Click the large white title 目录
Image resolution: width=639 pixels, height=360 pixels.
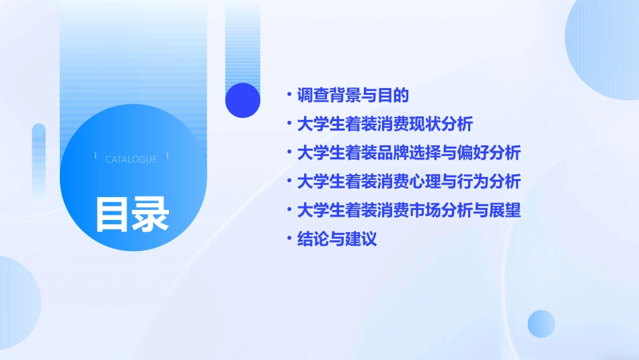[x=132, y=214]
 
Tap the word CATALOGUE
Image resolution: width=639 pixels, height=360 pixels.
[x=131, y=159]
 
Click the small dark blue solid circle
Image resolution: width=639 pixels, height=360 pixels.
[x=243, y=100]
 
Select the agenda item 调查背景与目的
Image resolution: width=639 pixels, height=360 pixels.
[x=353, y=96]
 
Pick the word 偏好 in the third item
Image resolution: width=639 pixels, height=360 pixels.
[x=474, y=153]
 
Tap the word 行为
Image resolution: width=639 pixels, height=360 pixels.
[x=474, y=182]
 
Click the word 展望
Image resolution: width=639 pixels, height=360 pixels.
[x=504, y=211]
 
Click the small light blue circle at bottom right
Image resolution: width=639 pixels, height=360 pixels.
[x=541, y=324]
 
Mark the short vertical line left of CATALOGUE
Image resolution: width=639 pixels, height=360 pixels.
[x=96, y=155]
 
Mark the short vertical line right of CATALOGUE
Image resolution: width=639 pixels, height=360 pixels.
[x=167, y=155]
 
